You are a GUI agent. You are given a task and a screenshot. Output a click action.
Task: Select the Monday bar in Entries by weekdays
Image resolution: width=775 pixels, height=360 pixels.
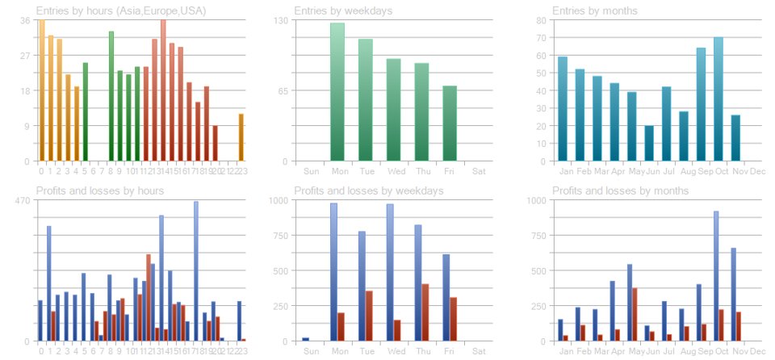(x=337, y=92)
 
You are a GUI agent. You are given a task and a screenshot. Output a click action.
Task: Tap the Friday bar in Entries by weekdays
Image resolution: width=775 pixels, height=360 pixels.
(x=450, y=123)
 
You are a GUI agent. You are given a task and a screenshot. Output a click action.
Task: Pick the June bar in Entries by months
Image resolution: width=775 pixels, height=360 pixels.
(x=649, y=144)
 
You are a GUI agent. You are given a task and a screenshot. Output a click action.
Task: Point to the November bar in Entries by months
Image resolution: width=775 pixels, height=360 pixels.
(x=735, y=138)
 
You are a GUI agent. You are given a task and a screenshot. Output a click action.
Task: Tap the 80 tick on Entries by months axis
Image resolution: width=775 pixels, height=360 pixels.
(x=542, y=19)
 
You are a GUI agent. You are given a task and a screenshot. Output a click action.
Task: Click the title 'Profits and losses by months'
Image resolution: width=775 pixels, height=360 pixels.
(x=620, y=190)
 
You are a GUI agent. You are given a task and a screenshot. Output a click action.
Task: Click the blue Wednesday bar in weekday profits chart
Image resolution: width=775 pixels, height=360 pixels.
(x=390, y=273)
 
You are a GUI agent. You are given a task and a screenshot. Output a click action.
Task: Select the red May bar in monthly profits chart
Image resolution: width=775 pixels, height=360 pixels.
(x=635, y=314)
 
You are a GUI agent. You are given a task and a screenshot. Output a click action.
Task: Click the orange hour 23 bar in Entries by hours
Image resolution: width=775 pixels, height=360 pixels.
(x=241, y=137)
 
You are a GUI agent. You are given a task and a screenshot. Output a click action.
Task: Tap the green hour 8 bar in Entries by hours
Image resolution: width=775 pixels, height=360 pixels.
(x=111, y=96)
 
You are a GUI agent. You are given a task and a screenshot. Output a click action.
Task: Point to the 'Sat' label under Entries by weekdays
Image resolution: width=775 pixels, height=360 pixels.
(x=479, y=170)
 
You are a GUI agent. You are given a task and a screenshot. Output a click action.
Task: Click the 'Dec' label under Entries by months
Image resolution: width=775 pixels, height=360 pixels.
(x=756, y=170)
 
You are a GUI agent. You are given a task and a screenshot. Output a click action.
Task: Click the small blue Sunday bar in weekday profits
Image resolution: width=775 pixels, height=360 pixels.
(x=305, y=339)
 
